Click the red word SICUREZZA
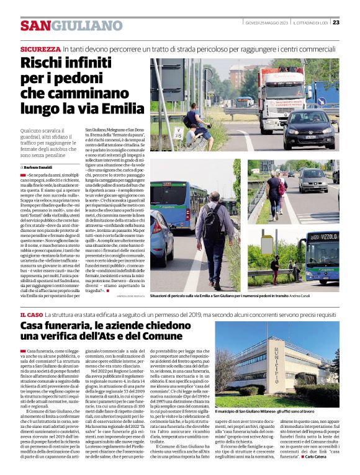coord(40,48)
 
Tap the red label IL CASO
coord(32,316)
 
